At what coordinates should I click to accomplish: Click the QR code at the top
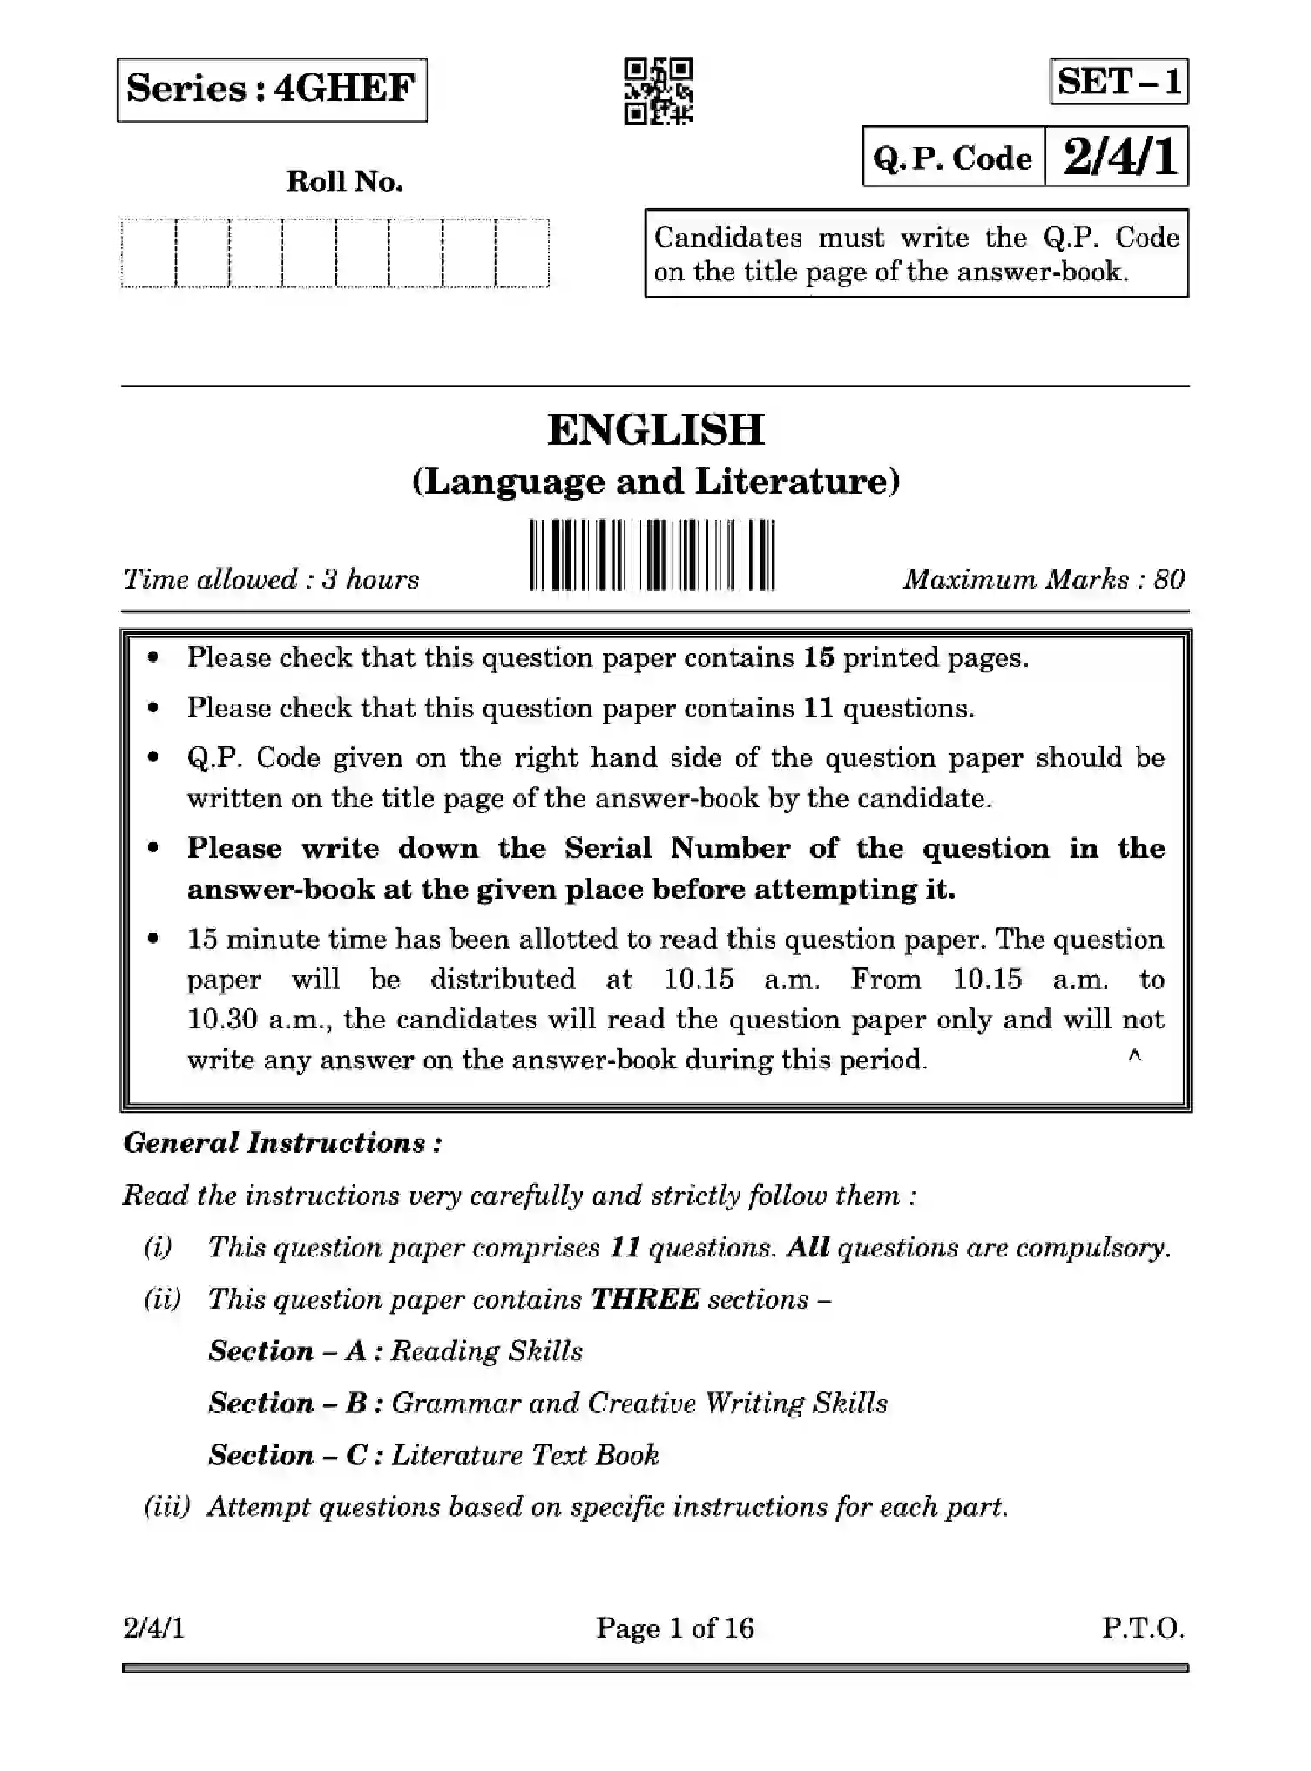coord(659,91)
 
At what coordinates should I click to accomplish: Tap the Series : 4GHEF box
coord(272,90)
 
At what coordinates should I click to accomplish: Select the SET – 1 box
coord(1118,82)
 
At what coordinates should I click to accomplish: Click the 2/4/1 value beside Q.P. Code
coord(1118,158)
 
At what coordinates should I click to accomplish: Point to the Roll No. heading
coord(344,182)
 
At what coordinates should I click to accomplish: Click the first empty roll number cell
coord(149,253)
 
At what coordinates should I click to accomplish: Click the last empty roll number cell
coord(523,253)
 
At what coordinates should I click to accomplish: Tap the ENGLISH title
coord(655,429)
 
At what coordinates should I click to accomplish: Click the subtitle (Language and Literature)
coord(655,481)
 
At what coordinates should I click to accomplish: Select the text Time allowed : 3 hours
coord(271,580)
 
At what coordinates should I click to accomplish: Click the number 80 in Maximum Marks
coord(1169,580)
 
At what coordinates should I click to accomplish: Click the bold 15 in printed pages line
coord(819,657)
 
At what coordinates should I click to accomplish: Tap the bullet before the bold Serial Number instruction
coord(154,847)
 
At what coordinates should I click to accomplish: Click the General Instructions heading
coord(282,1142)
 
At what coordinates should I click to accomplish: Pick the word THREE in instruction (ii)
coord(645,1299)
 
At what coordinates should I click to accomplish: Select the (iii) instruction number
coord(166,1506)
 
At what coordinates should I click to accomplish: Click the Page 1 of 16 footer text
coord(674,1627)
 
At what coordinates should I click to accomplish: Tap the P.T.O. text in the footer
coord(1143,1627)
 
